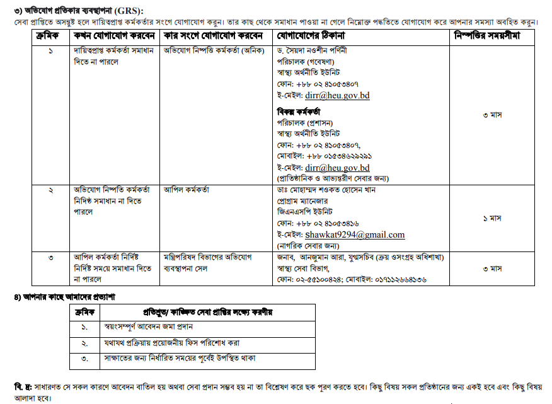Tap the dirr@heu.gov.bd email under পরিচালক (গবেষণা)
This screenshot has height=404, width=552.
[337, 96]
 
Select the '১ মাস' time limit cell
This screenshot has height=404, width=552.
[492, 217]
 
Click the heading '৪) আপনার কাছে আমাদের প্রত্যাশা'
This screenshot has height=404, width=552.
[65, 296]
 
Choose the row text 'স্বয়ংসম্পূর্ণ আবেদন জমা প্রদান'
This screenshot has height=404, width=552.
[148, 327]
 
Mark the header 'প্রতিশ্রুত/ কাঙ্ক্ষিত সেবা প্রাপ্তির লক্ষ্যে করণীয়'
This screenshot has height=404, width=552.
[209, 312]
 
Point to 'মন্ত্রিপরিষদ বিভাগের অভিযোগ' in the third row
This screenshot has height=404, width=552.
[207, 257]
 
